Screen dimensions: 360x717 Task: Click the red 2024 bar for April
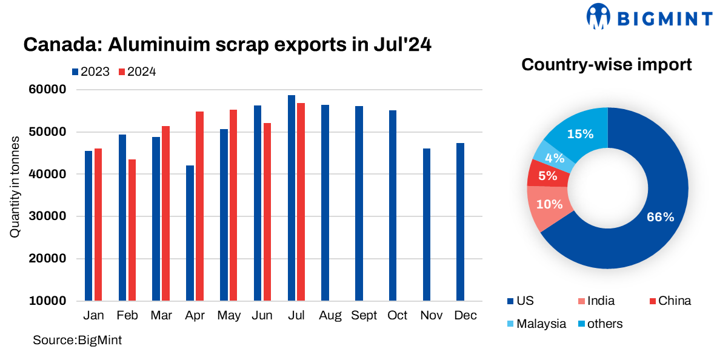click(199, 206)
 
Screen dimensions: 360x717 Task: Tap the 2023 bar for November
click(427, 224)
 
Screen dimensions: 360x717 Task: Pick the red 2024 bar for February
click(132, 230)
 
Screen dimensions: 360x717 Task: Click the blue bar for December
click(460, 222)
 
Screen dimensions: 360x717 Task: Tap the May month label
click(228, 316)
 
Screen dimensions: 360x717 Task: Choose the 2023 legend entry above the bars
click(91, 72)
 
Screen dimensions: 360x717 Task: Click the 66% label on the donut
click(661, 217)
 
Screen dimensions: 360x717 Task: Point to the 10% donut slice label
click(550, 204)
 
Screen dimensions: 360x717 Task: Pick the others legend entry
click(599, 324)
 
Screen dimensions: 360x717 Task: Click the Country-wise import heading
click(607, 65)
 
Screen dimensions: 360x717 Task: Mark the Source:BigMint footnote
click(77, 340)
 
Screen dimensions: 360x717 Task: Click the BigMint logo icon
click(599, 16)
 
